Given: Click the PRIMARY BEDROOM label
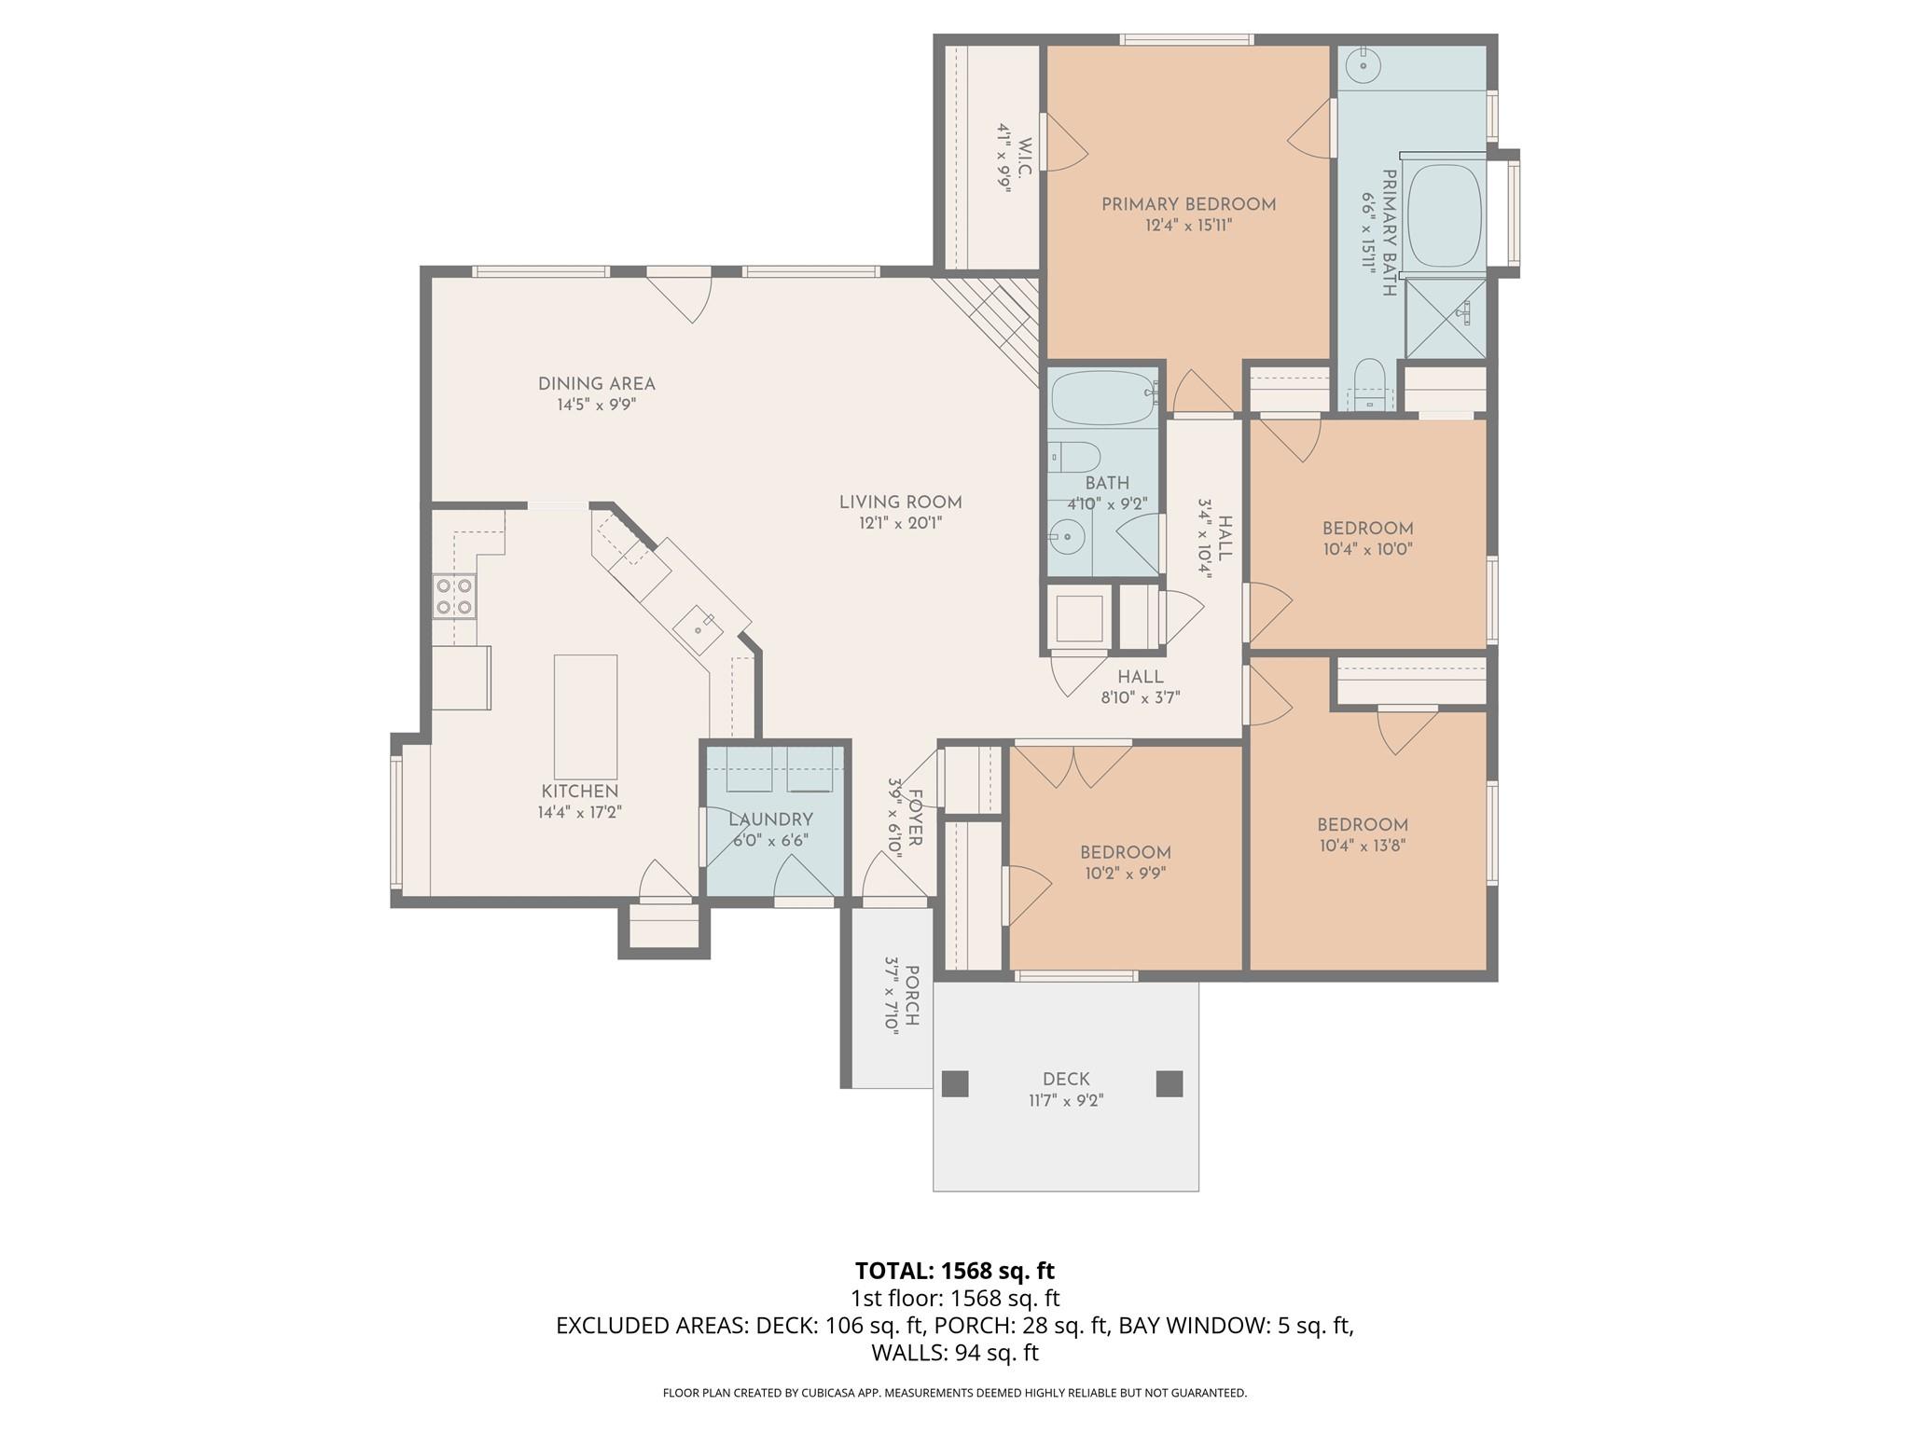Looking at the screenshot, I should coord(1188,204).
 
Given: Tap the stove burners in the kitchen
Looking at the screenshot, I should coord(454,597).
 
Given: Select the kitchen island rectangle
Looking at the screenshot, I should coord(586,716).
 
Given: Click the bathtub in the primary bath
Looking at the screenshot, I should coord(1444,216).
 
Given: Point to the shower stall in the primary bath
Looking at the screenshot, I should coord(1445,318).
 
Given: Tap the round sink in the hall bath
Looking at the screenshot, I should coord(1063,536).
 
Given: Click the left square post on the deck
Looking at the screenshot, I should coord(955,1083).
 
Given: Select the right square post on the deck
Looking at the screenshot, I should coord(1170,1083).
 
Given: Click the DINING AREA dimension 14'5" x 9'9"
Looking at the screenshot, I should coord(596,406).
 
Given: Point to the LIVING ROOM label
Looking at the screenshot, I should coord(900,503).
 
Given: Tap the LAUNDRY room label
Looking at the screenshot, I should coord(770,819).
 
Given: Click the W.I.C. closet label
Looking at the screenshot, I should coord(1024,158).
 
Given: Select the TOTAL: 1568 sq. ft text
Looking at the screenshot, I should coord(954,1271).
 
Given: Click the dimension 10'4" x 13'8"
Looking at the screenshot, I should coord(1362,847).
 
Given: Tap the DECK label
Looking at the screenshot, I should coord(1066,1079).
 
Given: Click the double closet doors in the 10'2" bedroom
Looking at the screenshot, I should coord(1073,764).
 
